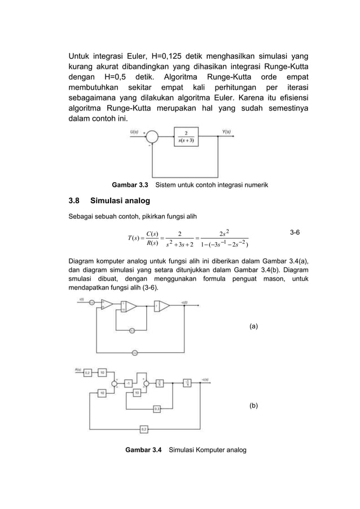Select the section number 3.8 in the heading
point(74,200)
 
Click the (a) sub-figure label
point(253,326)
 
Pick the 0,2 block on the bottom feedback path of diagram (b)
point(144,428)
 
